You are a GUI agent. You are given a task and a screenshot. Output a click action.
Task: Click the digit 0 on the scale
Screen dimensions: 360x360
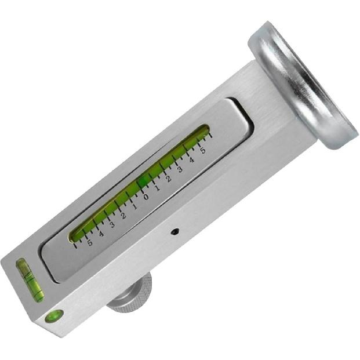146,197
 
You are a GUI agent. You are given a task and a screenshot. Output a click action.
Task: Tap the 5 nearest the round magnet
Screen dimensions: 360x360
202,150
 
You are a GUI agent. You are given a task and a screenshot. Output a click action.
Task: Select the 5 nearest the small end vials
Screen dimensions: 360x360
90,242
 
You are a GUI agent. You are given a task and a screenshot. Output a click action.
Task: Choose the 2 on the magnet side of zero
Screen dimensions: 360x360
168,178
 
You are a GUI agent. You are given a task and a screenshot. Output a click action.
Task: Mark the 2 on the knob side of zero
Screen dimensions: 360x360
123,216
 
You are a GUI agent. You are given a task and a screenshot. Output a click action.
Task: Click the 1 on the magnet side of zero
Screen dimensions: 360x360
157,187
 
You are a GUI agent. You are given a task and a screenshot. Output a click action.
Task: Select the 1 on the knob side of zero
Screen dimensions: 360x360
134,206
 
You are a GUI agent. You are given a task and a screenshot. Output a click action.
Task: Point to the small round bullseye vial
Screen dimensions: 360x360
54,316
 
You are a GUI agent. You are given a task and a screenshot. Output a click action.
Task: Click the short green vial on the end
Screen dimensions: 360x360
30,280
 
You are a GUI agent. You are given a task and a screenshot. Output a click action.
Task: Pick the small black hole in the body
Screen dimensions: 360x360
175,231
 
